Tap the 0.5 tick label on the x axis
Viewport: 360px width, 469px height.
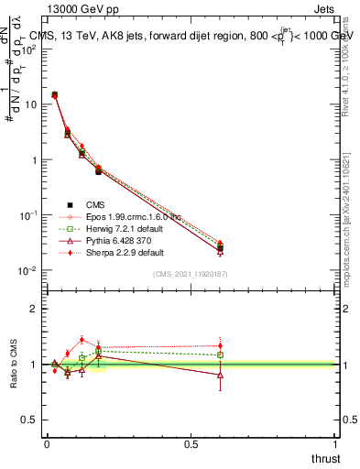pyautogui.click(x=191, y=443)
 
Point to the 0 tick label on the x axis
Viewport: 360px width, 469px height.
pyautogui.click(x=47, y=443)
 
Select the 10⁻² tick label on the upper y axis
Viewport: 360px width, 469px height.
pyautogui.click(x=27, y=271)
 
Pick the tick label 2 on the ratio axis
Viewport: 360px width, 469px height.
pyautogui.click(x=33, y=309)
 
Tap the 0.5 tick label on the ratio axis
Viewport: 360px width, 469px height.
pyautogui.click(x=29, y=420)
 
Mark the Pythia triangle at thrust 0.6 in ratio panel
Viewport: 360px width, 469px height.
pyautogui.click(x=220, y=375)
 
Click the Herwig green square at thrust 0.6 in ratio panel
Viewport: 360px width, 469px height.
pyautogui.click(x=220, y=354)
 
